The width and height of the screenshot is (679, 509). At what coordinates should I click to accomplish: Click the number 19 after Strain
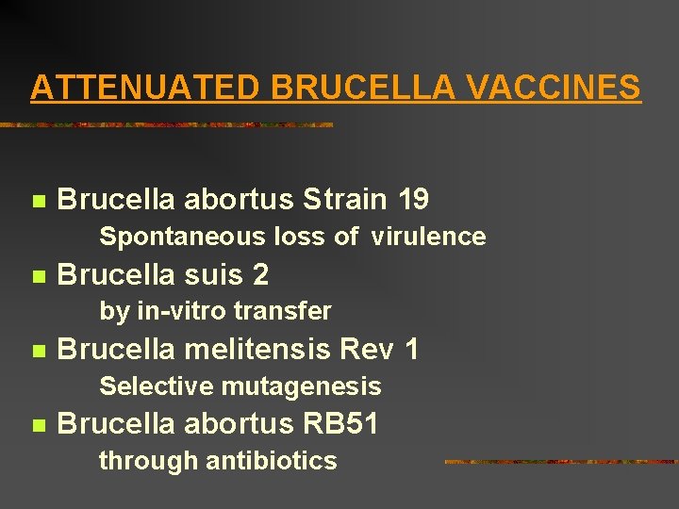(x=414, y=200)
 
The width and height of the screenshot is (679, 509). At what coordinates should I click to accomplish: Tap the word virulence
(x=429, y=237)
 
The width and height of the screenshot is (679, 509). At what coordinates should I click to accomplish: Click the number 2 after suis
(x=261, y=275)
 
